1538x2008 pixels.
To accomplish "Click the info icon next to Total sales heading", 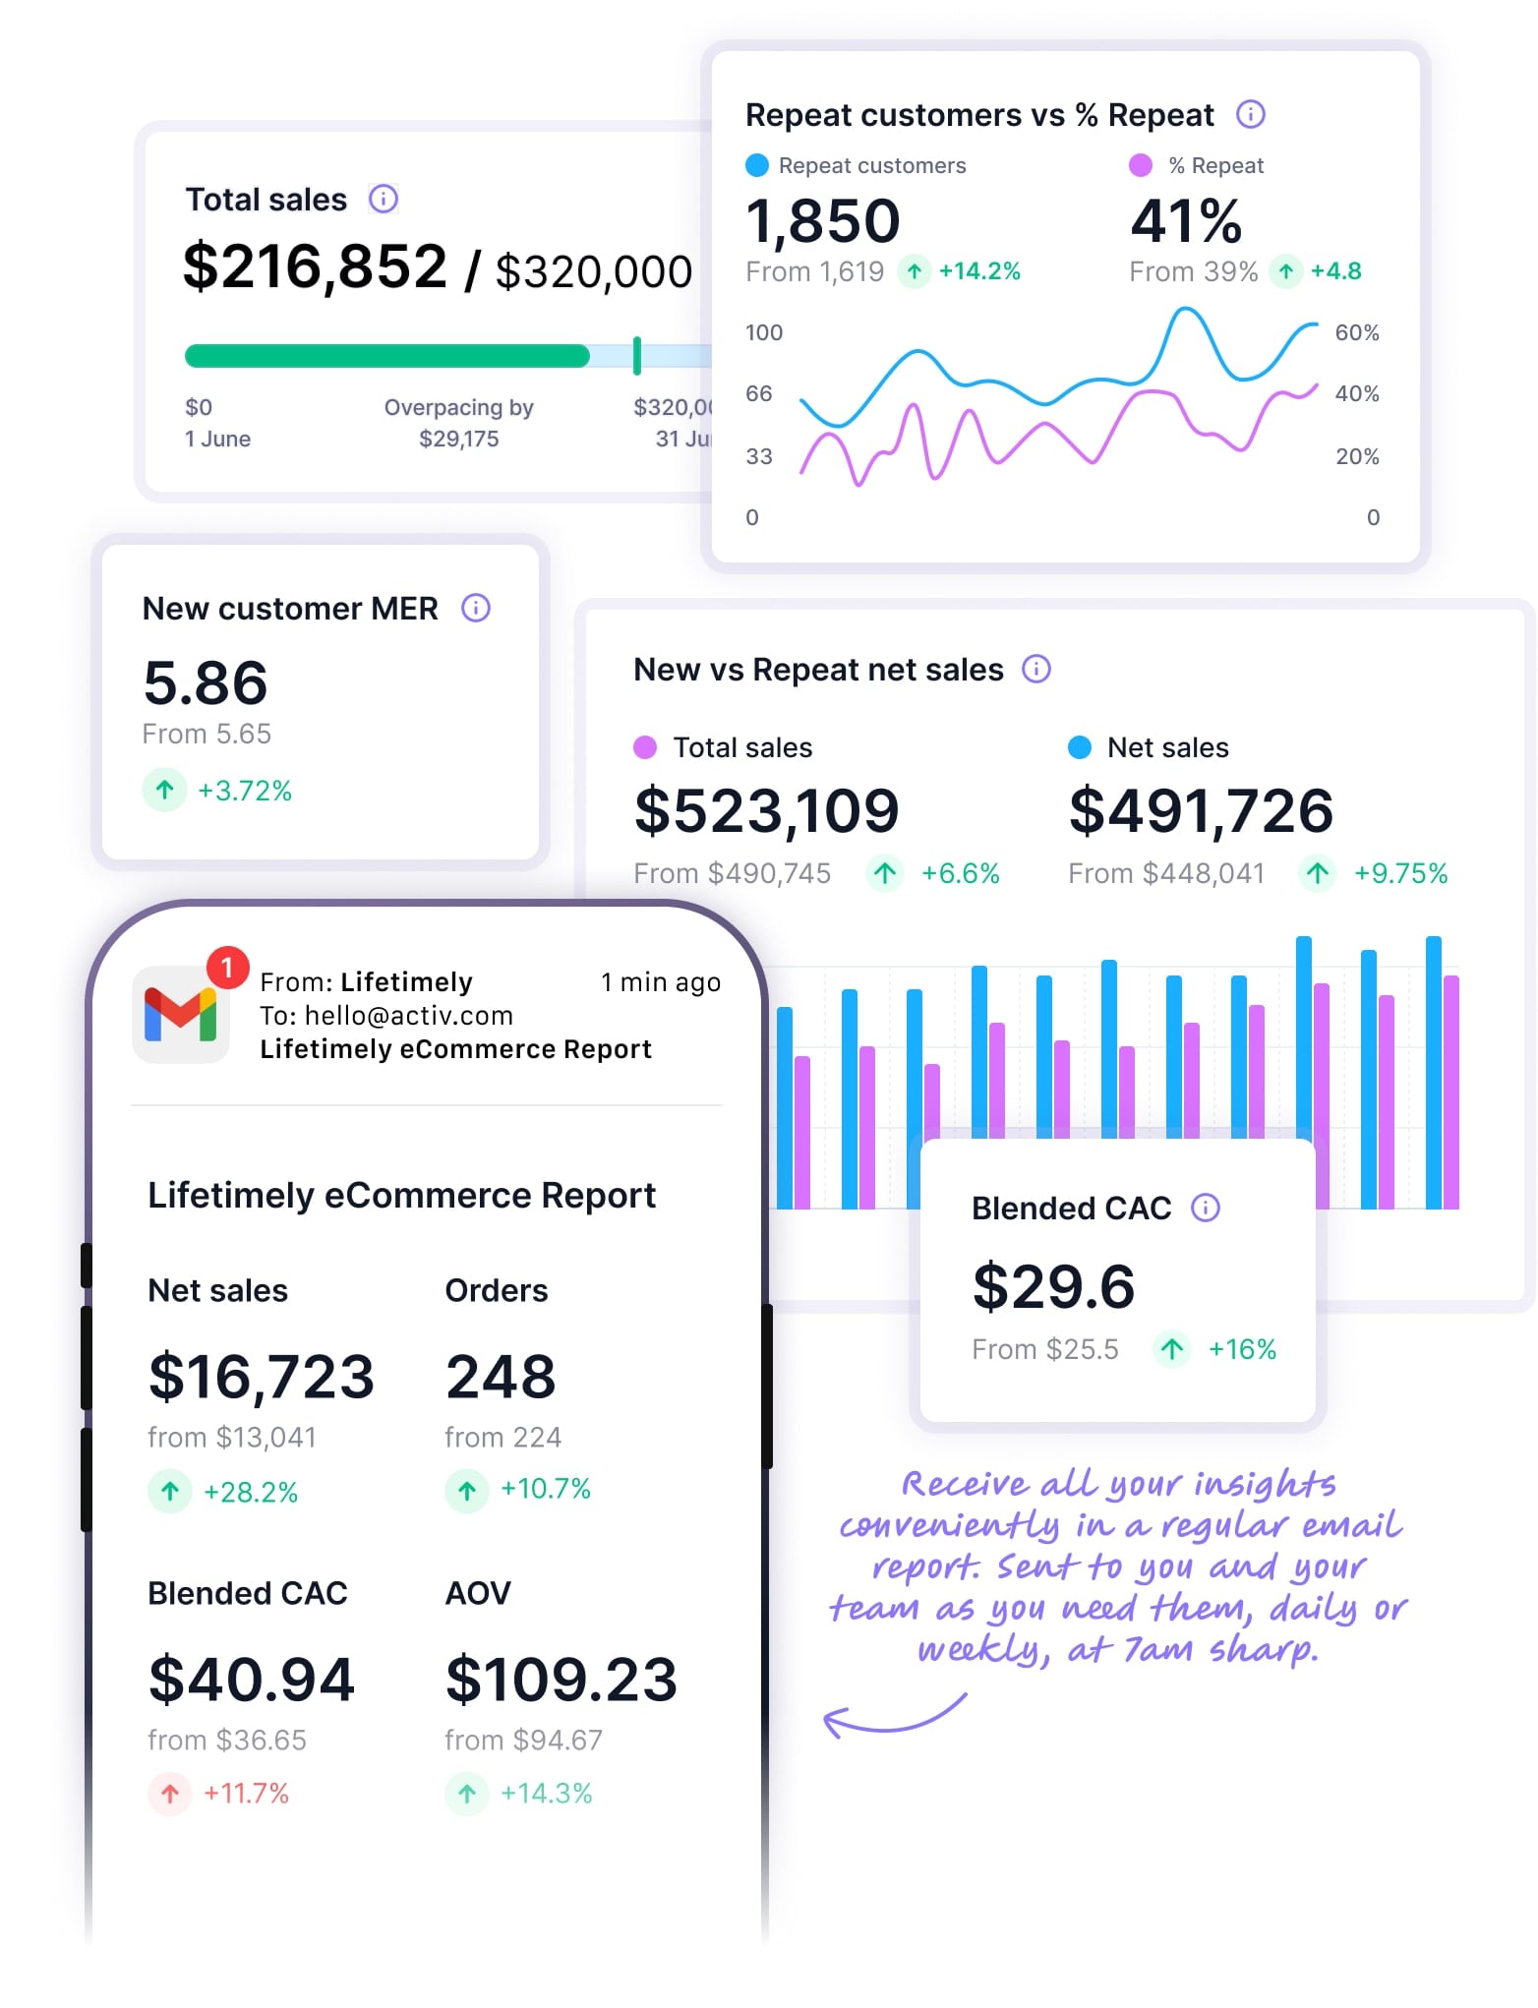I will (x=383, y=199).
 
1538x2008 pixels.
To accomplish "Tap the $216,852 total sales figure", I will (x=315, y=266).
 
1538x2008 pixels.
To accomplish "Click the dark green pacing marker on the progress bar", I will (x=637, y=355).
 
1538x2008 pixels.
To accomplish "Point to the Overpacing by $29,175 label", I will (x=458, y=423).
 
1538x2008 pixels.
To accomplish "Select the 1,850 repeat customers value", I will (x=822, y=220).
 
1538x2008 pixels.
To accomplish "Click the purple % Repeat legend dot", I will (x=1140, y=165).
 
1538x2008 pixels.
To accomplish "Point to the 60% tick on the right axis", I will (x=1356, y=332).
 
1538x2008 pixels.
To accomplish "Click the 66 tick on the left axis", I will (x=758, y=394).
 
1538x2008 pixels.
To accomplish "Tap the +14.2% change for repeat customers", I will (x=978, y=271).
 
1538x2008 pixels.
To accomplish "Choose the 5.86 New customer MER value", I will (x=206, y=682).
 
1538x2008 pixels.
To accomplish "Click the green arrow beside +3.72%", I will (x=165, y=790).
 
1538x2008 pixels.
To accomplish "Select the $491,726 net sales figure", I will (x=1200, y=811).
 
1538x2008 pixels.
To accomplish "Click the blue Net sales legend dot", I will (x=1079, y=747).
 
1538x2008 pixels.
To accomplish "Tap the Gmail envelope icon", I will (x=181, y=1015).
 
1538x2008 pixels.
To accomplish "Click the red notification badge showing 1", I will (x=227, y=968).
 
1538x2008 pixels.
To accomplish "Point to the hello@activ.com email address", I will (x=408, y=1016).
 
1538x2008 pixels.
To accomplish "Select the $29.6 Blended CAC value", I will (x=1053, y=1286).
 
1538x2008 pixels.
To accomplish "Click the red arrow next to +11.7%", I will (x=170, y=1793).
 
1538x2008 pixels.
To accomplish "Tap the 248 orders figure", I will (x=501, y=1377).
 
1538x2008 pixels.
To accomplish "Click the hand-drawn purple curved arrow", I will (x=890, y=1717).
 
